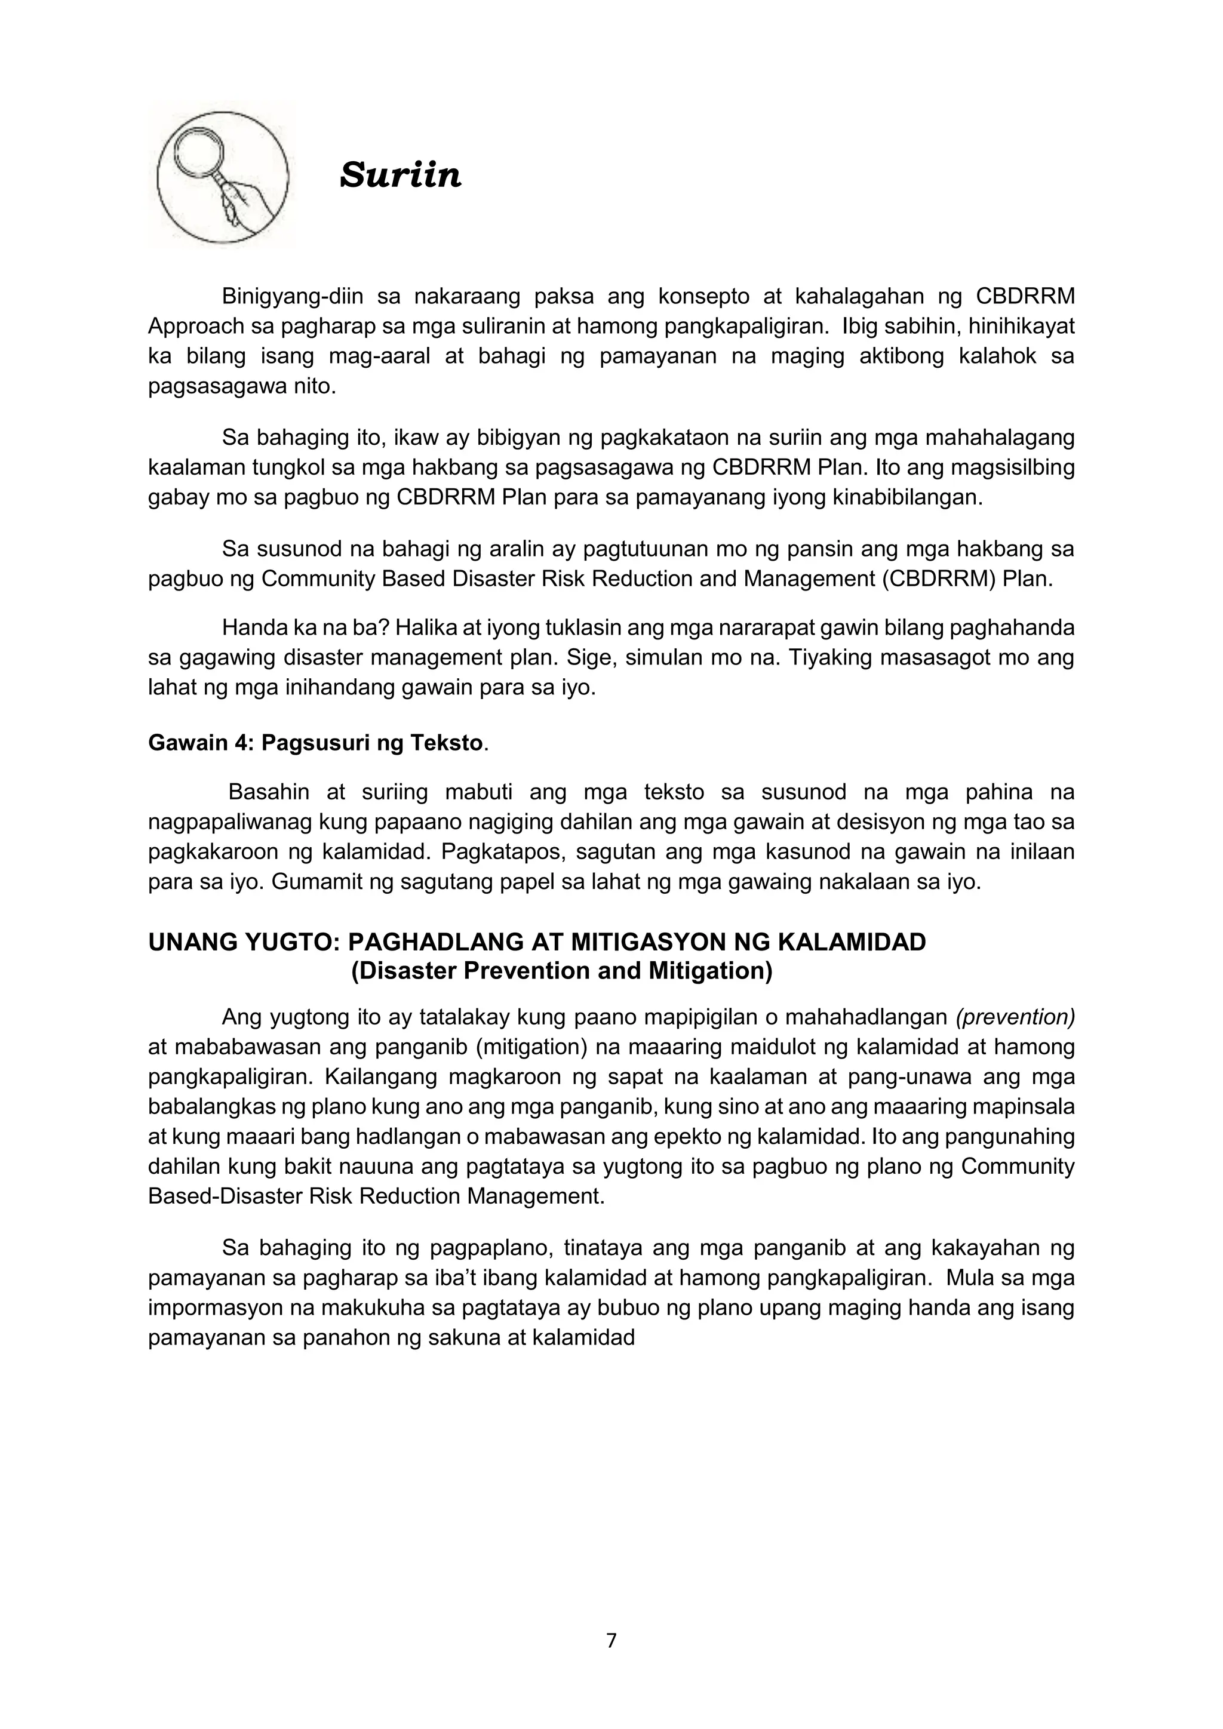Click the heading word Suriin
pos(400,175)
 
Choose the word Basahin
pos(268,792)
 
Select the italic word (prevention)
pos(1015,1017)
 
